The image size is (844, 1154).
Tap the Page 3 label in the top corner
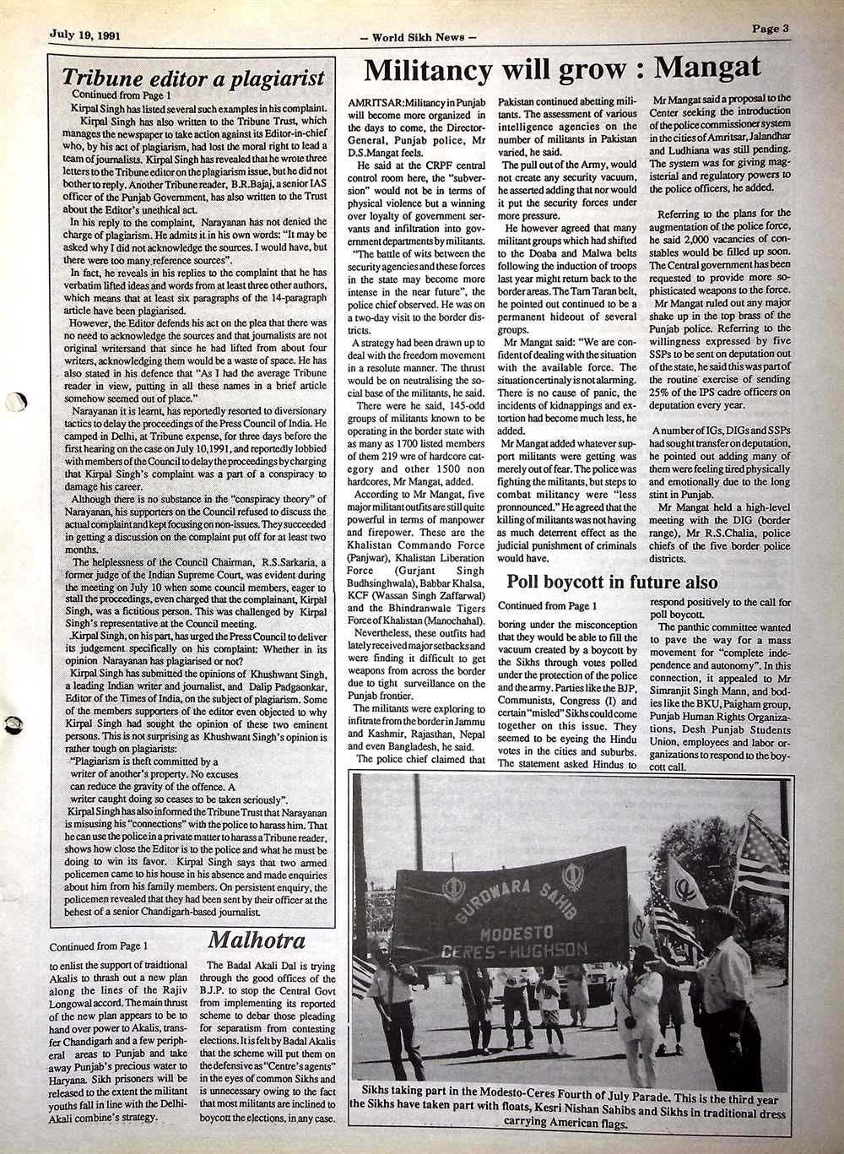[771, 28]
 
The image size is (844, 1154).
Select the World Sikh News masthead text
[418, 37]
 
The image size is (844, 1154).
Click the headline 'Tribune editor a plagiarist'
[193, 78]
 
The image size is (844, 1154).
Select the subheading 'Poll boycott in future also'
[612, 582]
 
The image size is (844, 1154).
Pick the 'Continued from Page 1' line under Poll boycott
[547, 606]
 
